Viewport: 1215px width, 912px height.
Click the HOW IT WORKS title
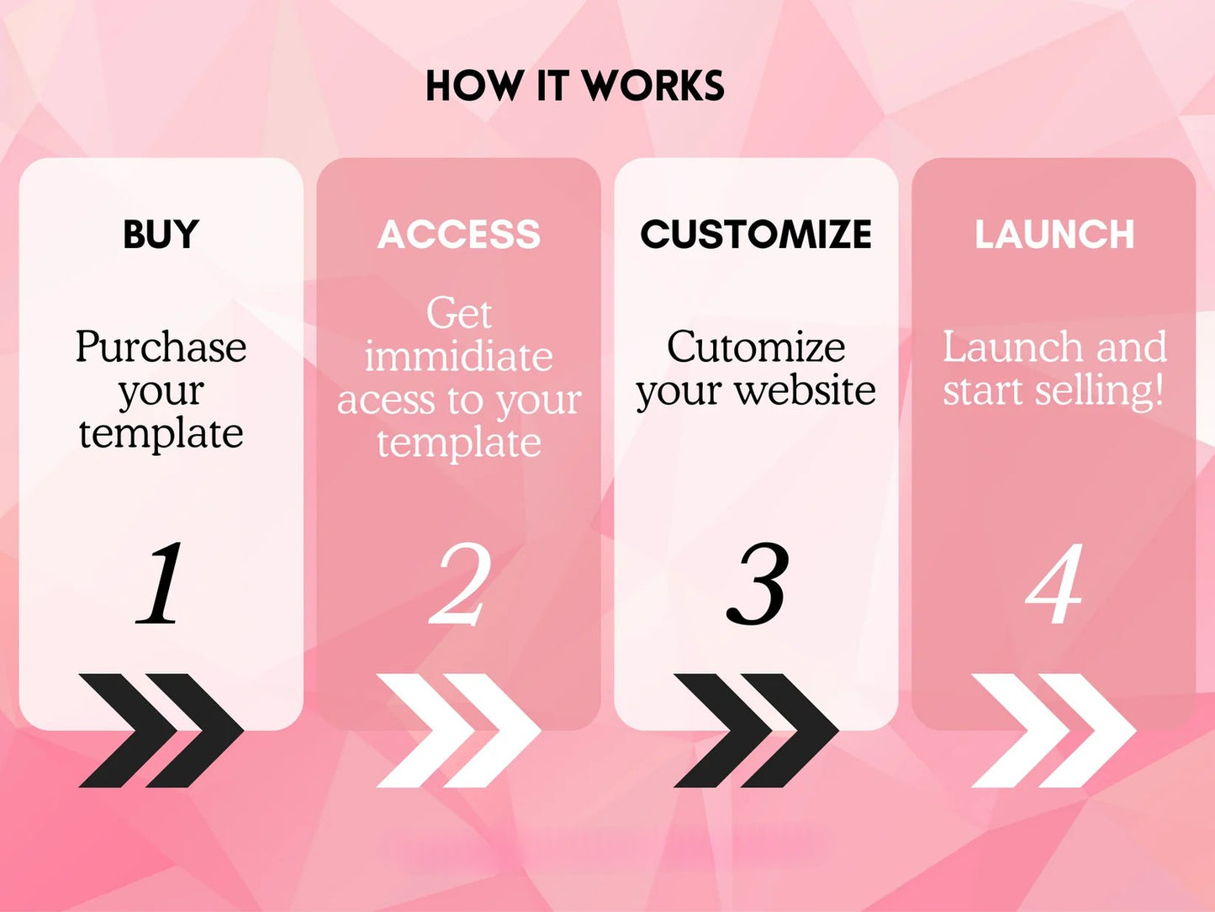tap(574, 87)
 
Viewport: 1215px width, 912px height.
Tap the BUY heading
tap(161, 235)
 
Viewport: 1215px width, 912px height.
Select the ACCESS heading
tap(459, 235)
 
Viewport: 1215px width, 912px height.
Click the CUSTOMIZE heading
tap(756, 235)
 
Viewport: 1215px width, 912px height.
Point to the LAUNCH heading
tap(1054, 235)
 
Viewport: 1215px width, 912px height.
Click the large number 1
tap(161, 583)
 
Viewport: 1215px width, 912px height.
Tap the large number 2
tap(460, 585)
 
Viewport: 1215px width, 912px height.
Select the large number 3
tap(758, 585)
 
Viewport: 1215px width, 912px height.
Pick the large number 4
tap(1054, 585)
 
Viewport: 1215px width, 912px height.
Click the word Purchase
tap(161, 347)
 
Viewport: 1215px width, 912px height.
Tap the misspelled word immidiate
tap(459, 357)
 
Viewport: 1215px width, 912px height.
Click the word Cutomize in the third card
tap(756, 347)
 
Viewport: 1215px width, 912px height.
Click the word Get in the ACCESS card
tap(459, 314)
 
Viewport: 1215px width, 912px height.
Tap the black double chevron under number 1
tap(161, 730)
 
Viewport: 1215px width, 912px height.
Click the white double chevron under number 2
tap(459, 730)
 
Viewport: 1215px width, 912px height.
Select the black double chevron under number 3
tap(756, 730)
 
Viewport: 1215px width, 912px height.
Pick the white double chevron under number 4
tap(1054, 730)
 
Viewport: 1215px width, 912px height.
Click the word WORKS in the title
tap(653, 87)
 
